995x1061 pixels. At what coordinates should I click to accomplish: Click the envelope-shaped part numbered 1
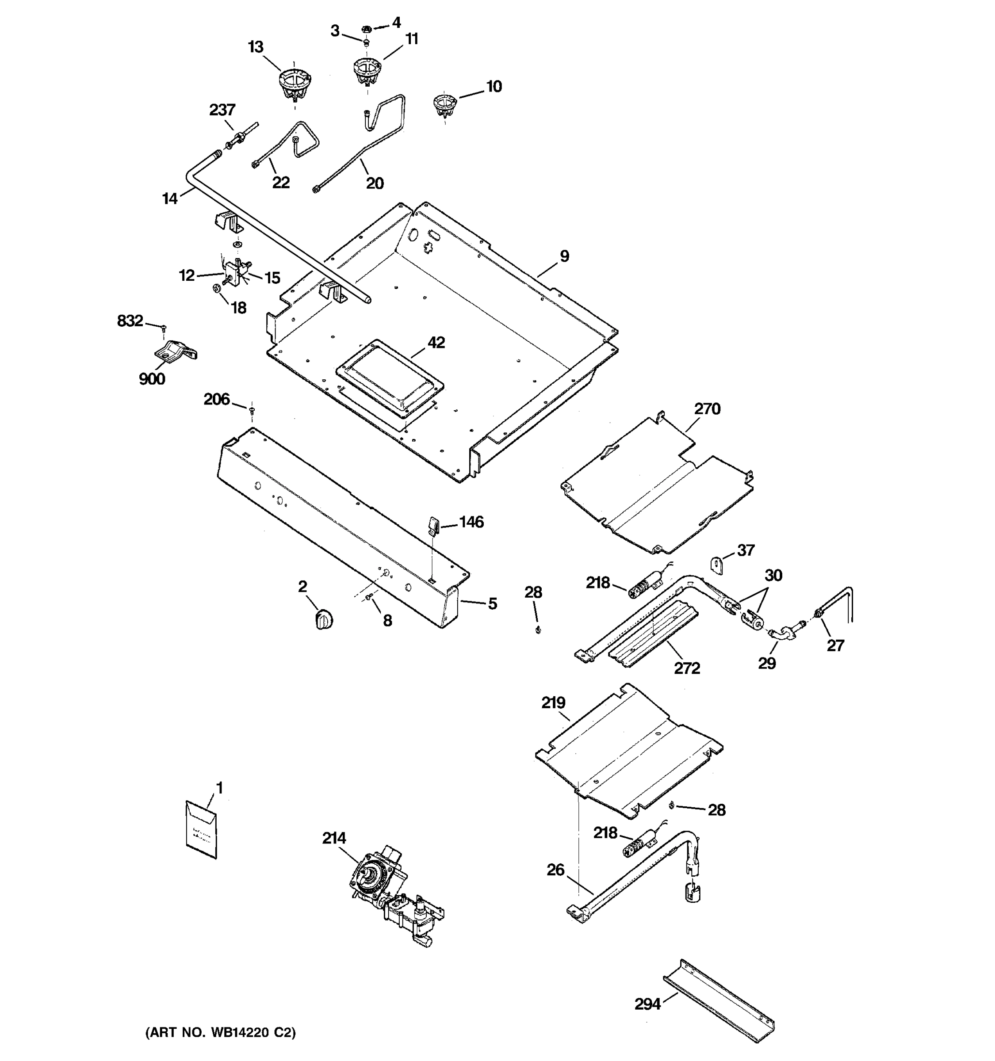[x=201, y=829]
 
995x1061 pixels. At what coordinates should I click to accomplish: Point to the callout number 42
[x=436, y=343]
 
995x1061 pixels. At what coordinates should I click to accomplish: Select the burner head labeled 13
[x=294, y=85]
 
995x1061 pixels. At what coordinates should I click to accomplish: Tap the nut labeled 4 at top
[x=367, y=28]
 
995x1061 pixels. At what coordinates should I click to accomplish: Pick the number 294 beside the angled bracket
[x=647, y=1004]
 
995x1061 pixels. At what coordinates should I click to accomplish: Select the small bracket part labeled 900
[x=174, y=352]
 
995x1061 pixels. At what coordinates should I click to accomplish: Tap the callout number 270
[x=707, y=409]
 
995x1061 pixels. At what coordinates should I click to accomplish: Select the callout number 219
[x=553, y=703]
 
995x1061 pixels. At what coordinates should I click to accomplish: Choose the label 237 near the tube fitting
[x=222, y=110]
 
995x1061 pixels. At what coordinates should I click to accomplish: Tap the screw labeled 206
[x=252, y=410]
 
